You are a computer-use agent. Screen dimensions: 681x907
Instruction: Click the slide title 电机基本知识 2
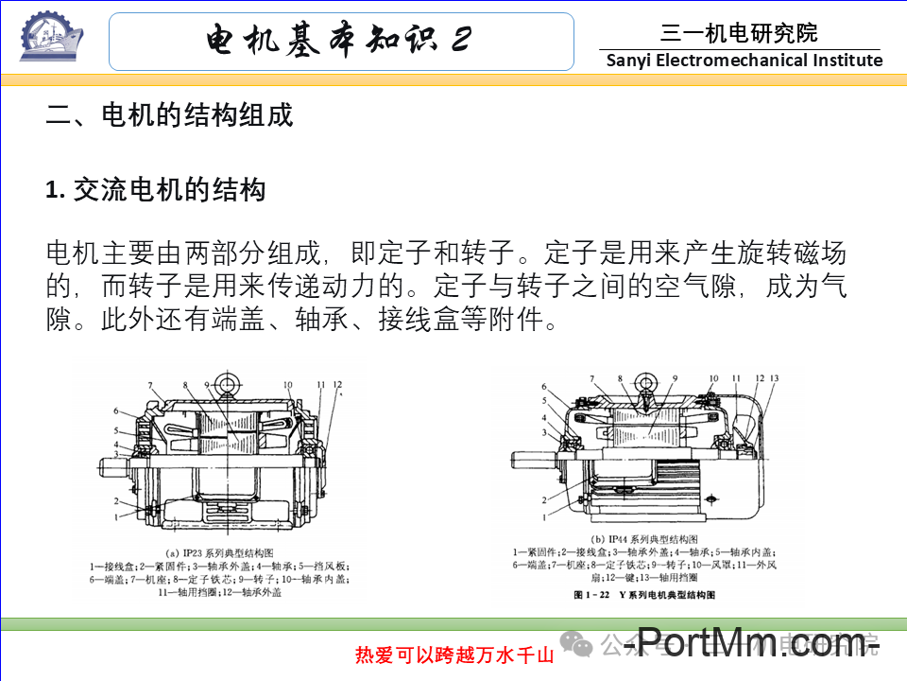click(x=340, y=41)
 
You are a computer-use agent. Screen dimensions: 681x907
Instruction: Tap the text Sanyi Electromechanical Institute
click(x=744, y=61)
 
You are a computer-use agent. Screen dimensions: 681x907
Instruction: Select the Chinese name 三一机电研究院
click(x=739, y=34)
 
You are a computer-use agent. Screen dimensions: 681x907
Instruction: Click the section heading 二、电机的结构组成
click(x=170, y=115)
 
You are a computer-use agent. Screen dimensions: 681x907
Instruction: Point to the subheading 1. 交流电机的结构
click(x=156, y=190)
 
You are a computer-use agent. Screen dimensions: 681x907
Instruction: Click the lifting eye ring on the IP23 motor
click(x=227, y=385)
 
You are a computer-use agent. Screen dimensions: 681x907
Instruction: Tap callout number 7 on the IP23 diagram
click(x=148, y=385)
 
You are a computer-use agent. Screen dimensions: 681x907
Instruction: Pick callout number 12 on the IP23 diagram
click(x=338, y=385)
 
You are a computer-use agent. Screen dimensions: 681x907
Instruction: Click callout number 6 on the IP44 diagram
click(x=544, y=387)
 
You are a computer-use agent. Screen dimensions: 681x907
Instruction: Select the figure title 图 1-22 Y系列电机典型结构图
click(x=644, y=596)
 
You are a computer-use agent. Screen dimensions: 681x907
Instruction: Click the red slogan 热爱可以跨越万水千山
click(x=453, y=655)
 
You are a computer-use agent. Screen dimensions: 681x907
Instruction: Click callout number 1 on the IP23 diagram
click(x=116, y=517)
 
